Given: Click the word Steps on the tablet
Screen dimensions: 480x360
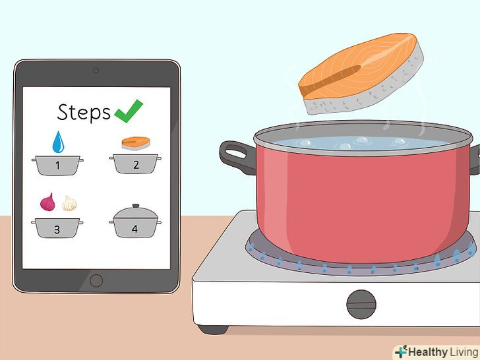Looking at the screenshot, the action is pyautogui.click(x=84, y=112).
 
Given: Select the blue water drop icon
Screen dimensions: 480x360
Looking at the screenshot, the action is pyautogui.click(x=58, y=142).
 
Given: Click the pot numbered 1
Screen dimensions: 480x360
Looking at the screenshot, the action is pyautogui.click(x=57, y=165).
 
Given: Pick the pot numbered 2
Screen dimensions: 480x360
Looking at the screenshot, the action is pyautogui.click(x=135, y=164).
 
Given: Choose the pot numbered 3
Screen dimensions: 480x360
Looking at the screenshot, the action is pyautogui.click(x=57, y=228).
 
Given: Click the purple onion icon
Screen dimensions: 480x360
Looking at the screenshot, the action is pyautogui.click(x=47, y=202).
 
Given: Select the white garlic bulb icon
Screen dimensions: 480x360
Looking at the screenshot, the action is pyautogui.click(x=69, y=203).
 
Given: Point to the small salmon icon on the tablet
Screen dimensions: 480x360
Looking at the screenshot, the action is pyautogui.click(x=136, y=143).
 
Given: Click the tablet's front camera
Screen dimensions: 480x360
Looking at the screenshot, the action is pyautogui.click(x=96, y=71).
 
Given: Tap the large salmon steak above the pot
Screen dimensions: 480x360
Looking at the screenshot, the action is pyautogui.click(x=361, y=73).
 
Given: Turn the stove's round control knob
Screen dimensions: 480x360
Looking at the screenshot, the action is pyautogui.click(x=361, y=305).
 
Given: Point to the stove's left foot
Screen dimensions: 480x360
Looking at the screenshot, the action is pyautogui.click(x=213, y=330).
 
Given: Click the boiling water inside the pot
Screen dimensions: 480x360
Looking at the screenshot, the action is pyautogui.click(x=361, y=143).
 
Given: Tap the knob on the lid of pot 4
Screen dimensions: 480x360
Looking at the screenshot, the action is pyautogui.click(x=136, y=206).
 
